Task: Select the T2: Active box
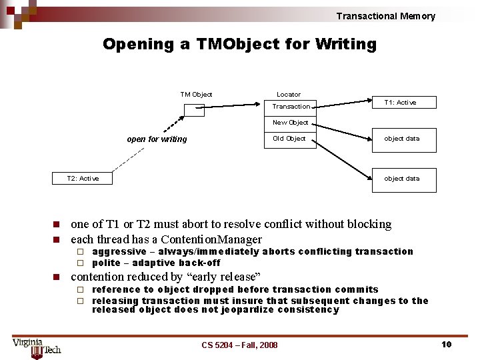[83, 178]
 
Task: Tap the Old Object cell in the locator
[289, 139]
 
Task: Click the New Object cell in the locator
[290, 122]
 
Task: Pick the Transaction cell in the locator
[291, 106]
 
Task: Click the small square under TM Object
[194, 109]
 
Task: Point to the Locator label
[289, 95]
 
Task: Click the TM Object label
[196, 95]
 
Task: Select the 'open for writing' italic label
[157, 139]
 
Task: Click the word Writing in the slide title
[345, 45]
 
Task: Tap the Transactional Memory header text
[385, 16]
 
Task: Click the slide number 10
[446, 344]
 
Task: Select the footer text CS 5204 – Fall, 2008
[239, 345]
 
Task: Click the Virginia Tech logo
[37, 346]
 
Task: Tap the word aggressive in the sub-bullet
[119, 251]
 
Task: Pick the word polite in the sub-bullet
[105, 263]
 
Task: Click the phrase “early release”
[225, 277]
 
